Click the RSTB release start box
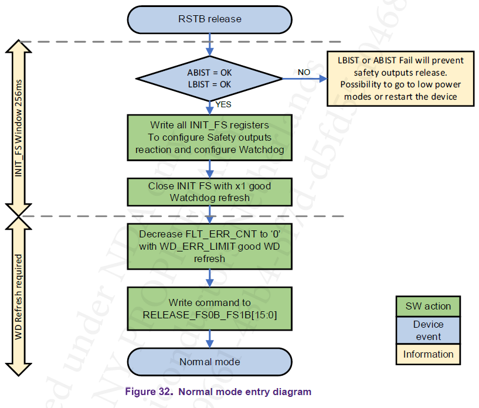tap(209, 19)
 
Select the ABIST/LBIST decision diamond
tap(209, 79)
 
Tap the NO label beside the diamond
tap(304, 72)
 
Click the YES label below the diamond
tap(223, 104)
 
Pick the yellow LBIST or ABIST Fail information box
tap(400, 78)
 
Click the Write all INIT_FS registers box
tap(209, 137)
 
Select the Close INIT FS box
tap(209, 192)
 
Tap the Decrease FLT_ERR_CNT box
tap(209, 246)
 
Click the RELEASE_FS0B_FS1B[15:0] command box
tap(209, 309)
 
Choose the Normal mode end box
tap(209, 362)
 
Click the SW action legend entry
tap(428, 306)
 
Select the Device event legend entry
tap(428, 330)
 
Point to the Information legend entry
tap(428, 354)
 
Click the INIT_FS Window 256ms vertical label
tap(19, 129)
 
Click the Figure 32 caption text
tap(218, 392)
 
